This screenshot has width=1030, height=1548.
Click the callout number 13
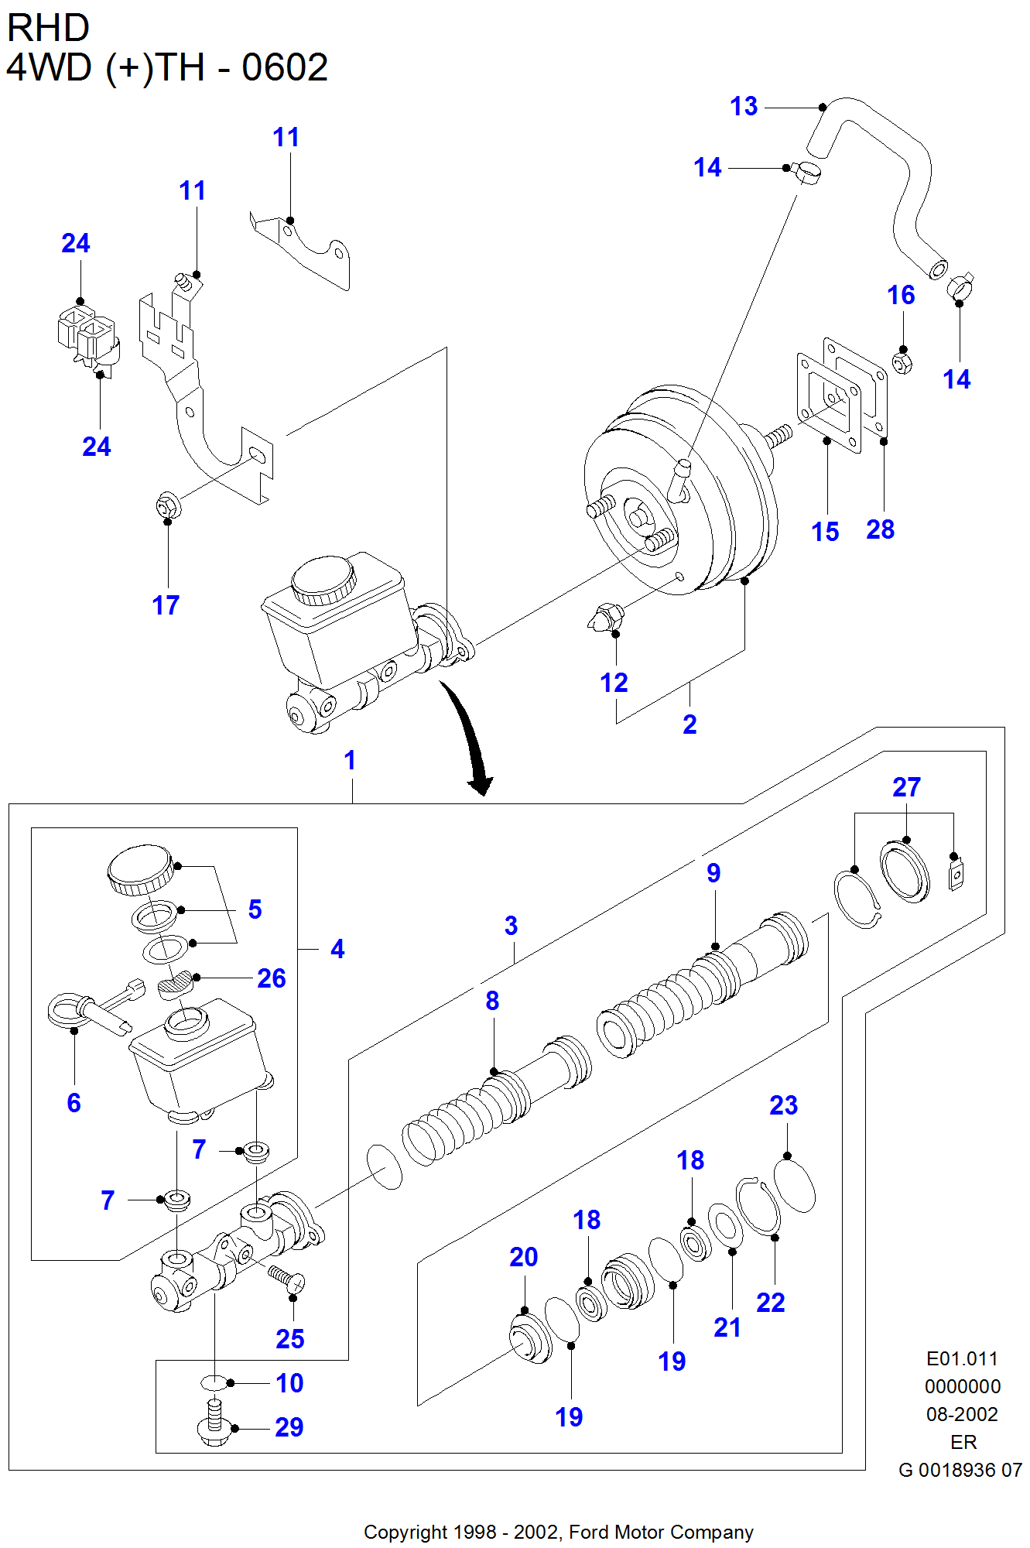point(744,106)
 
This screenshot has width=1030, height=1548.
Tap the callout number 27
point(906,787)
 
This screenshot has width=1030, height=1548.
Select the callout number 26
point(272,978)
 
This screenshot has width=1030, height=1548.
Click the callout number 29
point(289,1427)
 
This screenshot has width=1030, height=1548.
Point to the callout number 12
point(614,683)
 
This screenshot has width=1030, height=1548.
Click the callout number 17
point(166,605)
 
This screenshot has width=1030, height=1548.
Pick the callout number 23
point(783,1105)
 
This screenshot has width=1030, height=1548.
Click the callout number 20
point(523,1257)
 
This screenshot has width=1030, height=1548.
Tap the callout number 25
point(289,1339)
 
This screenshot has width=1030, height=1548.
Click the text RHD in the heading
point(48,29)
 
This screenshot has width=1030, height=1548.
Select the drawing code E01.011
point(962,1358)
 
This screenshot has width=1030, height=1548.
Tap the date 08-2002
point(962,1414)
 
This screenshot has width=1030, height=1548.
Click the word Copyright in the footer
point(405,1532)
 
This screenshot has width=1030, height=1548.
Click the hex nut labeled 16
point(902,361)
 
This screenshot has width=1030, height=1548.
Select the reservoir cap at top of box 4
point(140,868)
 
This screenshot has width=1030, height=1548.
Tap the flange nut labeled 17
point(168,506)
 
